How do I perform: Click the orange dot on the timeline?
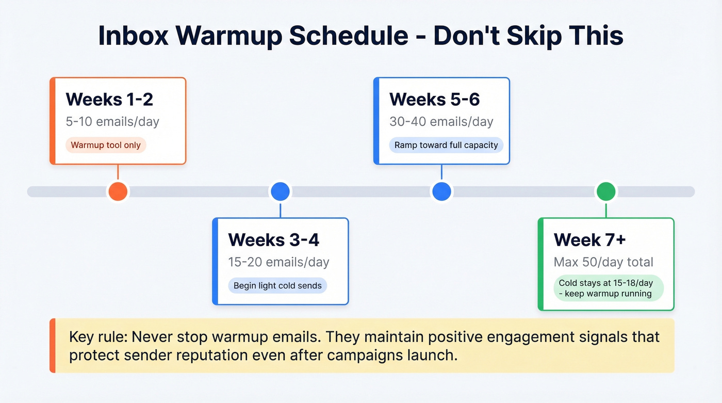click(x=118, y=191)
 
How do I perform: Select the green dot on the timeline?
click(x=606, y=191)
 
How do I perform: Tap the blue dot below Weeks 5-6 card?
click(x=441, y=191)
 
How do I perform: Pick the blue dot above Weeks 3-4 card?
click(x=280, y=191)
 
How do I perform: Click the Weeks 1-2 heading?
click(x=109, y=99)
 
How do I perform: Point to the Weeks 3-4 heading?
click(x=273, y=240)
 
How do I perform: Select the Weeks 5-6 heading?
click(x=434, y=99)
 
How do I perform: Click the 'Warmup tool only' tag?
click(x=106, y=145)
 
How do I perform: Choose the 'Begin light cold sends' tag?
click(x=277, y=285)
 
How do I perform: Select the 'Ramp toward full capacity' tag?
click(x=446, y=145)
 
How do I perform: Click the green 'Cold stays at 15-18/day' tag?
click(x=605, y=288)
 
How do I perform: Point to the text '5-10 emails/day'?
click(x=112, y=122)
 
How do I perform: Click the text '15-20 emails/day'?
click(x=278, y=262)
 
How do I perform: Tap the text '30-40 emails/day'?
click(x=441, y=122)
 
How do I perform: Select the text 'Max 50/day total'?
click(x=603, y=262)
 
